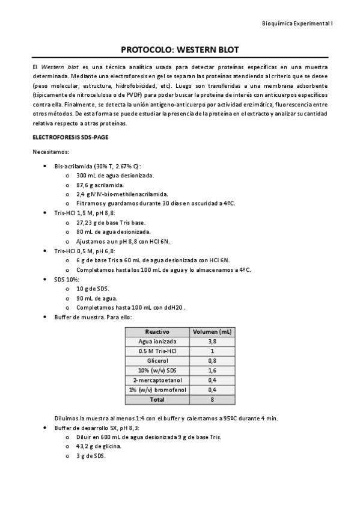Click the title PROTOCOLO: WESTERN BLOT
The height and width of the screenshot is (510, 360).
(180, 50)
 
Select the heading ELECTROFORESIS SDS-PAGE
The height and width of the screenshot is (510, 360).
(70, 137)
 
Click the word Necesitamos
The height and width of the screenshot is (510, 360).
(51, 152)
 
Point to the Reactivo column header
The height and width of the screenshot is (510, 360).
(157, 331)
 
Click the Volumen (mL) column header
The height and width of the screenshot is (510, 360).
(212, 331)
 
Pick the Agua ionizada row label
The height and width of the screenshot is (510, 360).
(157, 341)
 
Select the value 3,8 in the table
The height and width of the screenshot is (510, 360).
(212, 341)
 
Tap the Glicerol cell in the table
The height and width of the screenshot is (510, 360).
(157, 360)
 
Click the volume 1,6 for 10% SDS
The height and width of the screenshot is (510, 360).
(212, 370)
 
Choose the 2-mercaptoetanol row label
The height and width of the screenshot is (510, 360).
(157, 380)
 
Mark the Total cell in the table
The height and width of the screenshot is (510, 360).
(157, 399)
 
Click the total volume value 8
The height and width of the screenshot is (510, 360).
(212, 399)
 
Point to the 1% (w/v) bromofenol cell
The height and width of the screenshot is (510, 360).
(157, 390)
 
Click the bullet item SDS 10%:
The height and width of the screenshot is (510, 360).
(68, 280)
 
